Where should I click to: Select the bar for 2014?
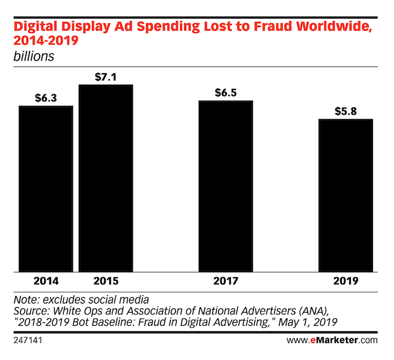tap(46, 189)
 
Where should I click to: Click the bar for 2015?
tap(106, 178)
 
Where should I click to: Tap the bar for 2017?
tap(226, 186)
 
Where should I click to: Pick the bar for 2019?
tap(346, 196)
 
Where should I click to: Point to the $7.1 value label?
tap(106, 77)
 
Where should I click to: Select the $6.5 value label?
tap(226, 93)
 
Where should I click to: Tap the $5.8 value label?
tap(346, 112)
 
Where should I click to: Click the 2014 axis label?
tap(46, 281)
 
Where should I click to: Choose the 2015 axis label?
tap(106, 281)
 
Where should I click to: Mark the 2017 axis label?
tap(226, 281)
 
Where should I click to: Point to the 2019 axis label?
tap(346, 281)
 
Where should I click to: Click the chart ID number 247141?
tap(28, 340)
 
